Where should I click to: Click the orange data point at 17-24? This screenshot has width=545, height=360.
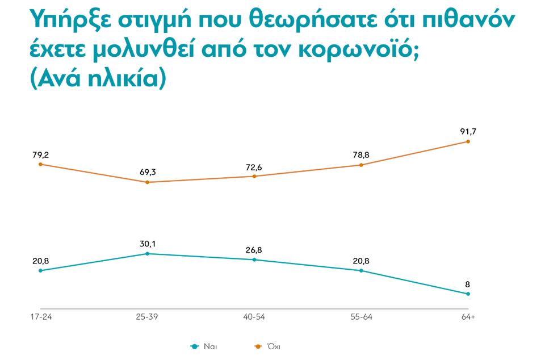(x=40, y=165)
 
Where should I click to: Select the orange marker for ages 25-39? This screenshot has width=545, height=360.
(x=147, y=182)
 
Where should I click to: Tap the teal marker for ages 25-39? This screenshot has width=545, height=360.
(x=147, y=253)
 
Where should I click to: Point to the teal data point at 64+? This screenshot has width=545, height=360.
(x=468, y=294)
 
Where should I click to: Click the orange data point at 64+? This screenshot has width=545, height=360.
(x=468, y=141)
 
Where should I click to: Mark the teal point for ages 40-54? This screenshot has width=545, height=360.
(x=254, y=259)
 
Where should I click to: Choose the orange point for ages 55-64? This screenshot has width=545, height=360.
(x=361, y=165)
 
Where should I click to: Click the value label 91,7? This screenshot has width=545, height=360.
(x=468, y=131)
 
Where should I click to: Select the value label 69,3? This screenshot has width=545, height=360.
(x=147, y=171)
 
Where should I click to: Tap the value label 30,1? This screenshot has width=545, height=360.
(x=147, y=244)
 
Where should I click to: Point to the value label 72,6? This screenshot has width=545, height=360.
(x=254, y=166)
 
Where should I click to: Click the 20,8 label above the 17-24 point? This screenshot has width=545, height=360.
(x=40, y=261)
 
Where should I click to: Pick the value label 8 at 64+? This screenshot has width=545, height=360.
(x=468, y=284)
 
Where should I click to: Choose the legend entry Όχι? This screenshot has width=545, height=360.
(x=273, y=346)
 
